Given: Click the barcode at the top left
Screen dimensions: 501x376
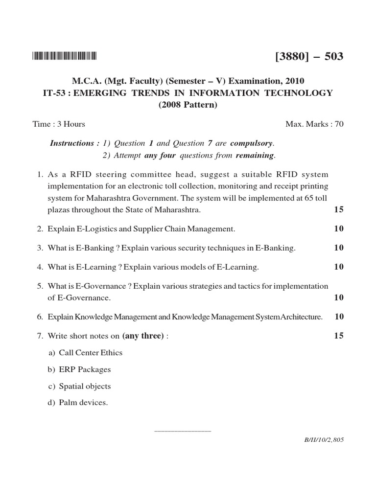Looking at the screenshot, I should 65,56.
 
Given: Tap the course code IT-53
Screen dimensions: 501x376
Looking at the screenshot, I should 54,93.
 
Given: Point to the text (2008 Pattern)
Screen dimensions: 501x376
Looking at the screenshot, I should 188,105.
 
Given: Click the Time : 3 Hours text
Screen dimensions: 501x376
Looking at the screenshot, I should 59,124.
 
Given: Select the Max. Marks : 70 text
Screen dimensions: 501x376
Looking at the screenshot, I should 314,124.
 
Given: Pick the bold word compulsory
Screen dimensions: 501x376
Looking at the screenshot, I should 252,143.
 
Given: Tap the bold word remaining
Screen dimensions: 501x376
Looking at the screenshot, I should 255,156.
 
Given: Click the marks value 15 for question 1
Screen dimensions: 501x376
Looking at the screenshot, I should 338,209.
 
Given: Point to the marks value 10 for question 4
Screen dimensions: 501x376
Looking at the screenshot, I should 338,267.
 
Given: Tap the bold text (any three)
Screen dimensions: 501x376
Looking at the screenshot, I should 143,336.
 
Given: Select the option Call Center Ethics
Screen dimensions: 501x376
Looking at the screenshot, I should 91,353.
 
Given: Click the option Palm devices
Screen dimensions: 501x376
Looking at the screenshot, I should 83,403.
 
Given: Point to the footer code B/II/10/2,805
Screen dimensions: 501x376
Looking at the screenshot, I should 324,440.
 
